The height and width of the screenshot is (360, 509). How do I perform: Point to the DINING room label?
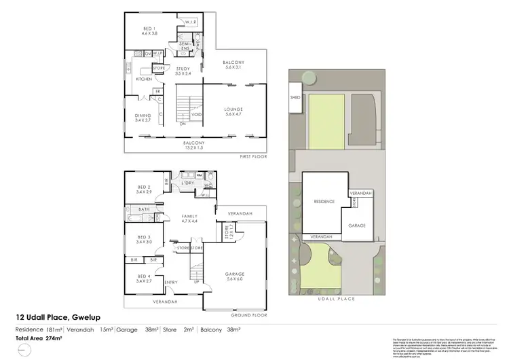143,118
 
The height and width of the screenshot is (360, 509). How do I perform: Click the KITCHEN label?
144,79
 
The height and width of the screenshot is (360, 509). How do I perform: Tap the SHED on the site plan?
295,97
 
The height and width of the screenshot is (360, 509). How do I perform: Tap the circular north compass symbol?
25,350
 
